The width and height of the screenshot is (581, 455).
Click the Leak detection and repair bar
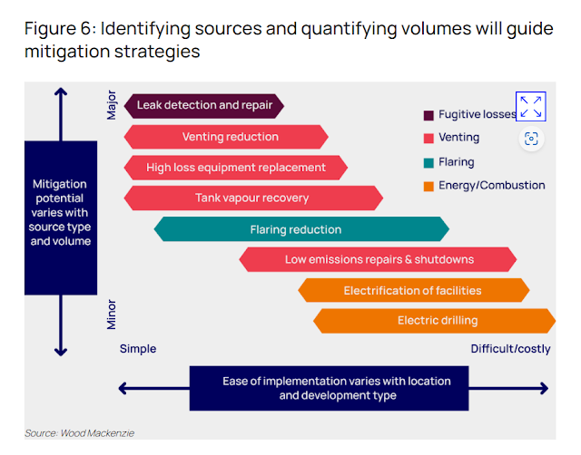click(204, 105)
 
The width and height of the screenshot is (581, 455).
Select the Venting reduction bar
click(226, 137)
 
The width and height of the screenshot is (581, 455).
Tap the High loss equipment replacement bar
click(235, 167)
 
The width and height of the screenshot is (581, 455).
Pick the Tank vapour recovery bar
click(252, 198)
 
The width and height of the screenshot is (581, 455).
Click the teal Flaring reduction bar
click(300, 229)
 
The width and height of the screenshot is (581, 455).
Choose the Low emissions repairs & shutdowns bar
click(379, 259)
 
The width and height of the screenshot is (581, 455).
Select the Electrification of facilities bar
click(413, 291)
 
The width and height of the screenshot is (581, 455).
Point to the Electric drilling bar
click(436, 320)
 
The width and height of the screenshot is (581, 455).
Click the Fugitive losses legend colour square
click(428, 115)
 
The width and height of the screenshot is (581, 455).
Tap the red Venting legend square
click(428, 139)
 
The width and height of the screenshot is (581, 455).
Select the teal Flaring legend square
click(428, 163)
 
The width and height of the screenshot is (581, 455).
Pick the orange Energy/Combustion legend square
click(428, 187)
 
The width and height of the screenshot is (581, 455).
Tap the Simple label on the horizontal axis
click(138, 349)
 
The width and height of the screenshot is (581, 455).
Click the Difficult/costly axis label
click(510, 349)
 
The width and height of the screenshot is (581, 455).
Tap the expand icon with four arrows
click(531, 106)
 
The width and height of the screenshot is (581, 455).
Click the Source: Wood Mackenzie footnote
click(80, 433)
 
